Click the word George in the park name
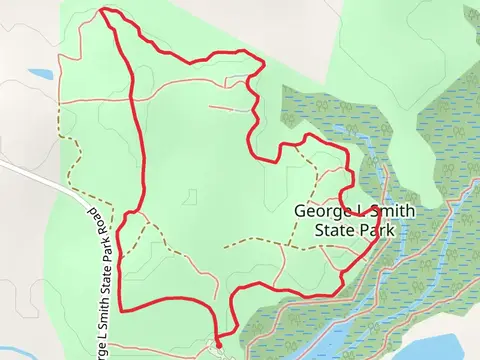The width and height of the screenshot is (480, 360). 320,212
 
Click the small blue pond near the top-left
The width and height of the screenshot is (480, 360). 41,74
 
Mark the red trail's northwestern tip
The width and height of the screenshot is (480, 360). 104,11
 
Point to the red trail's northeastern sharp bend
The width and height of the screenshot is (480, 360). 262,63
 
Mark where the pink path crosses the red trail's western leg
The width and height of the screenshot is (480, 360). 134,101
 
